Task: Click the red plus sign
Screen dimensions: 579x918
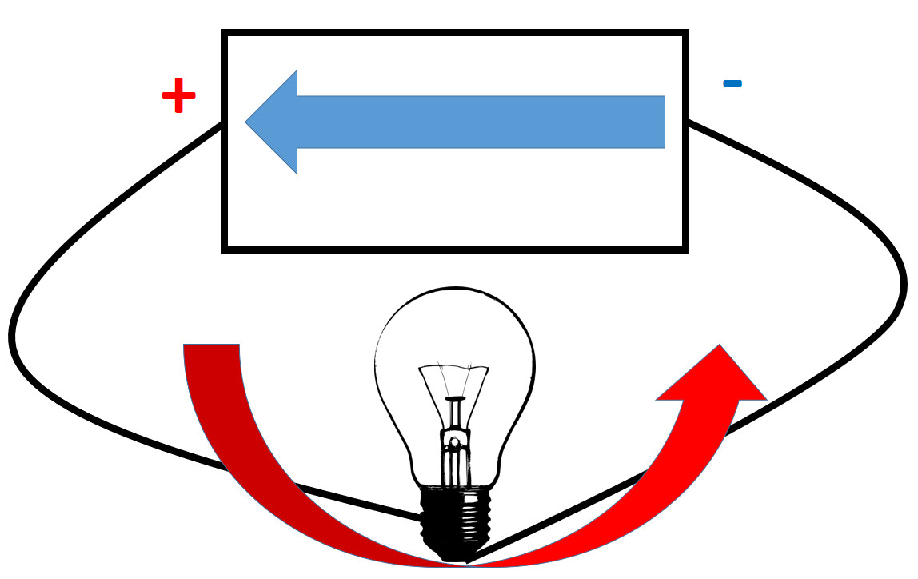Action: (x=178, y=97)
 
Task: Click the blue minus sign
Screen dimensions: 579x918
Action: (x=732, y=82)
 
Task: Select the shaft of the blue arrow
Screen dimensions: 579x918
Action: (x=480, y=122)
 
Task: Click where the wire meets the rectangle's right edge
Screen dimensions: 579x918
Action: (x=687, y=122)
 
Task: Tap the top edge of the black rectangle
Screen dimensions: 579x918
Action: (x=454, y=33)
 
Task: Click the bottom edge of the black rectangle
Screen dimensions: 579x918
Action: (x=454, y=249)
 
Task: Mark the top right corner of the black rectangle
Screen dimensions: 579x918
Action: (x=685, y=34)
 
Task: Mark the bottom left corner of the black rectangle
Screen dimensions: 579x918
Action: (x=226, y=249)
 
